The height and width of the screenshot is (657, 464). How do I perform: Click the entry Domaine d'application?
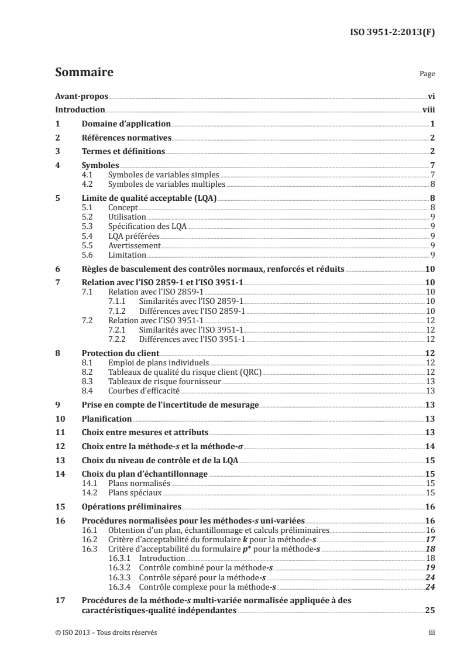point(126,124)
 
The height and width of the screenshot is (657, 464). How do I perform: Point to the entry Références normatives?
point(126,138)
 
